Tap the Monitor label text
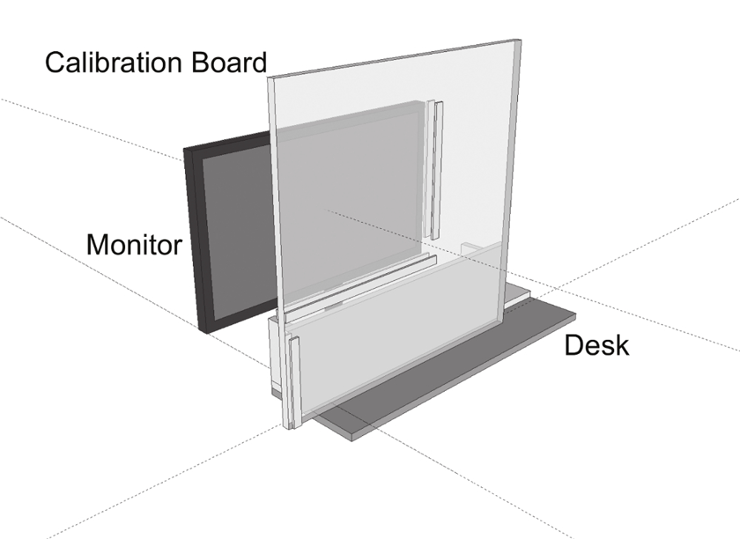[x=133, y=244]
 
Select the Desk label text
[x=596, y=345]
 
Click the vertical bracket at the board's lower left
[x=294, y=381]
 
